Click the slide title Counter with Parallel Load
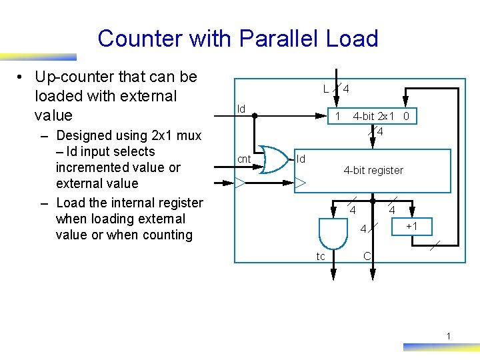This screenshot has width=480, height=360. pos(237,39)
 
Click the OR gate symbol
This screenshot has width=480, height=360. pos(274,159)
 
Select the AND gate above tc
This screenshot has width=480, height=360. pos(331,233)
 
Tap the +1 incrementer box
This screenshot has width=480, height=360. pos(412,227)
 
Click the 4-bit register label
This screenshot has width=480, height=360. pos(373,171)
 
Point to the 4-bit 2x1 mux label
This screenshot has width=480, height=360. pos(374,117)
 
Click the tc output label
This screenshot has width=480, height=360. pos(321,257)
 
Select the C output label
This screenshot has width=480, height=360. pos(367,256)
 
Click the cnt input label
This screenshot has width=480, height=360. pos(245,159)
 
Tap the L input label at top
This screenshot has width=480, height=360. pos(325,88)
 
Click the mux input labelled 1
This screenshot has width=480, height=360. pos(338,117)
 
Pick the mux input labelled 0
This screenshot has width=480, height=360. pos(405,117)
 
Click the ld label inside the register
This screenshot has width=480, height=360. pos(301,159)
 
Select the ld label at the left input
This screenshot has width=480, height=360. pos(241,109)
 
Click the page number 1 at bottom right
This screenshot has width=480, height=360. pos(449,336)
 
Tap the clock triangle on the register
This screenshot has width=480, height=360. pos(301,182)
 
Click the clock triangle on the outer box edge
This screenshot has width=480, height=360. pos(240,181)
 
